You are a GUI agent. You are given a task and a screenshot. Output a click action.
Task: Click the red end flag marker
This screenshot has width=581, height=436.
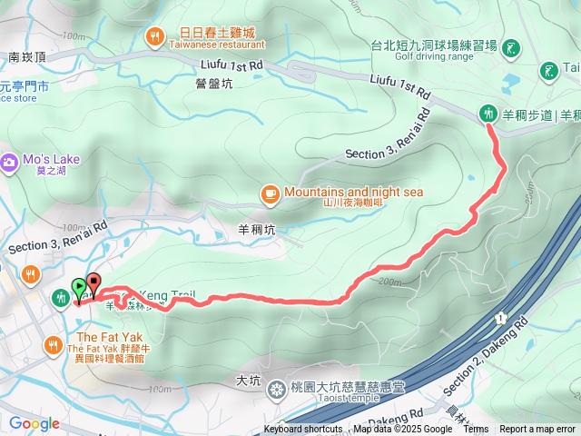click(x=93, y=282)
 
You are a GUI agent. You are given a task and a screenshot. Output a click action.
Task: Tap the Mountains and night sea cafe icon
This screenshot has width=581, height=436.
click(x=270, y=193)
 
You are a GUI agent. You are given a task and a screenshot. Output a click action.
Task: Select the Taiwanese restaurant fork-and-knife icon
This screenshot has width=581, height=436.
click(x=155, y=36)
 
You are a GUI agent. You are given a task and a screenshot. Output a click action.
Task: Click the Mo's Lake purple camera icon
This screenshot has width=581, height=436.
click(x=9, y=161)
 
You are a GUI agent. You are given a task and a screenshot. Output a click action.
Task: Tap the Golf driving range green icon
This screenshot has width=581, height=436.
click(x=511, y=47)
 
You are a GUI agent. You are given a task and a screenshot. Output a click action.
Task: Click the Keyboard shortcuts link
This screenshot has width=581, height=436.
click(x=303, y=430)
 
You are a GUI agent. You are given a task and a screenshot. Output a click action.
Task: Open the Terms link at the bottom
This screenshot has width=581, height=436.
click(x=476, y=430)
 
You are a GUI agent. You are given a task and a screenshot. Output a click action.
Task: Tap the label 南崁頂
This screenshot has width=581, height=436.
click(x=27, y=56)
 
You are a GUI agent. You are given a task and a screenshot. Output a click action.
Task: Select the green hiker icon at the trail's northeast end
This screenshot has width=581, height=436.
click(x=487, y=114)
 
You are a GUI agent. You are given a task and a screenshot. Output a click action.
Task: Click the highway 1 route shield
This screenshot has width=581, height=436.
click(x=499, y=319)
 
